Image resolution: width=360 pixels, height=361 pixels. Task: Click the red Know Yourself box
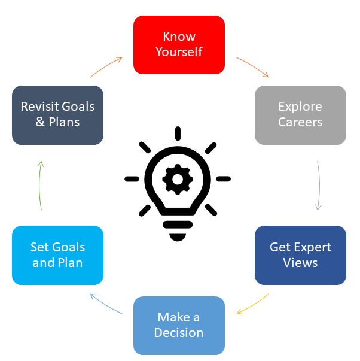(179, 45)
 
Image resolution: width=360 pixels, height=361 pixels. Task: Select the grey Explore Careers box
(300, 115)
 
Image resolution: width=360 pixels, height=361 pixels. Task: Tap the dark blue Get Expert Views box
(300, 255)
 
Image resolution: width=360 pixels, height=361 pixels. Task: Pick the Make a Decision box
(179, 325)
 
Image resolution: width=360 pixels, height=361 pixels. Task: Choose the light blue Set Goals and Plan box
(57, 255)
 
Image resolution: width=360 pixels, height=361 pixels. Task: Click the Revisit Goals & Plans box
(57, 115)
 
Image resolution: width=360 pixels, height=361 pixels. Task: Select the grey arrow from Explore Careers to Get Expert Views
(318, 186)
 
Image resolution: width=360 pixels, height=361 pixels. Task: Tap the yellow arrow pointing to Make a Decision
(254, 305)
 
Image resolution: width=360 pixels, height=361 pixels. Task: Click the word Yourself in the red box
(179, 52)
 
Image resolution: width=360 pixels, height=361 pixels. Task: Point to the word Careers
(300, 122)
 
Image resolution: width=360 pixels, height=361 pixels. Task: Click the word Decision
(179, 333)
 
